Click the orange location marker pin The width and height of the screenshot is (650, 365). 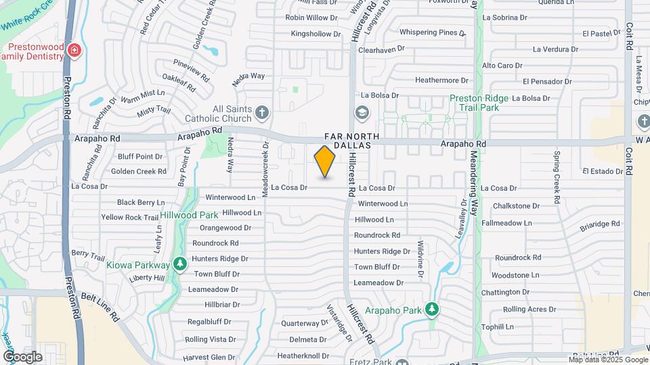coord(325,162)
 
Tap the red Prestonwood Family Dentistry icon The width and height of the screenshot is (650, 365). coord(74,50)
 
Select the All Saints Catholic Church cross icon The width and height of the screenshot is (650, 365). coord(262,112)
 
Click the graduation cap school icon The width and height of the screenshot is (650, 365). coord(362,112)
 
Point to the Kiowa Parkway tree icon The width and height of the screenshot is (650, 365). coord(179,264)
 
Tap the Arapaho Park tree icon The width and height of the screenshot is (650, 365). coord(433,310)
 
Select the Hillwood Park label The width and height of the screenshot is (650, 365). coord(189,215)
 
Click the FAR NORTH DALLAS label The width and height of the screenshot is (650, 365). coord(347,141)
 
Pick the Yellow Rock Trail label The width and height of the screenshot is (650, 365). coord(130,218)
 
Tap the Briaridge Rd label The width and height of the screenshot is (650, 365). coord(600,223)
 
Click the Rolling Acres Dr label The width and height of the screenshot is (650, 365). coord(529,309)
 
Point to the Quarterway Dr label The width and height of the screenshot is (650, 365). coord(304,323)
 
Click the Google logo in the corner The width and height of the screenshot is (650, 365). coord(22,356)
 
